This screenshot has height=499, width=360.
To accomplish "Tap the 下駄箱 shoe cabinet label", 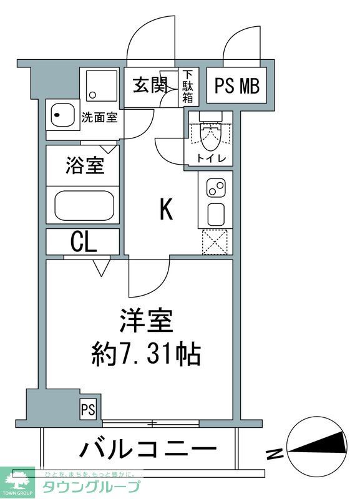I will coord(188,87).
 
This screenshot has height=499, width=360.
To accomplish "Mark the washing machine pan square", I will coord(101,86).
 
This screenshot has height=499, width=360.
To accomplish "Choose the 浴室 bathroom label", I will coord(85,167).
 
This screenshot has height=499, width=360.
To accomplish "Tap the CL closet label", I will coord(83,242).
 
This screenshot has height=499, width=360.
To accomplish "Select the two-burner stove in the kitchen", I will coord(216,187).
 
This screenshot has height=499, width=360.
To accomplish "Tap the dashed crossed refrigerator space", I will coord(215,242).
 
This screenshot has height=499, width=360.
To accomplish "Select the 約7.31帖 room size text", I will coord(144,355).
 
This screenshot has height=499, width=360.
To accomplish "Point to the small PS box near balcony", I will coord(87,410).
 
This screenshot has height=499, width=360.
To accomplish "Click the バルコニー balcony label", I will coord(148,448).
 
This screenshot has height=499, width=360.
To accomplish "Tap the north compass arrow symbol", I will coord(318,443).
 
